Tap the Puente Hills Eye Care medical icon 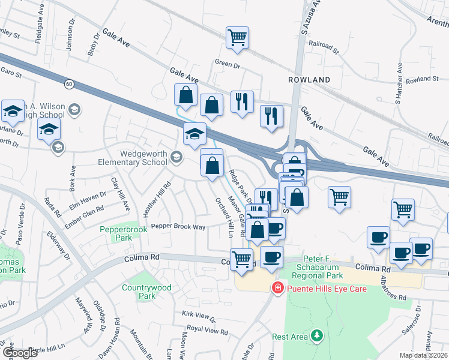(277, 288)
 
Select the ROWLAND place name (309, 80)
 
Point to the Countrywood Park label (146, 292)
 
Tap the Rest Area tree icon (316, 337)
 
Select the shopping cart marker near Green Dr (237, 38)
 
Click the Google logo (20, 352)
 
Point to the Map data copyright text (424, 355)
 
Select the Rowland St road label (423, 79)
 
